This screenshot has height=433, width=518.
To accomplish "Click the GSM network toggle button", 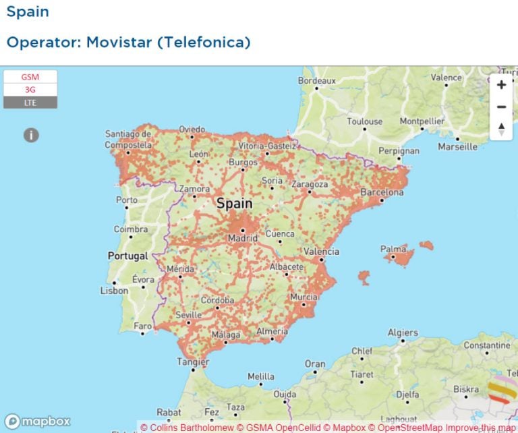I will (x=30, y=77).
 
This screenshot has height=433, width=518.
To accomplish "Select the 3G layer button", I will (x=30, y=90).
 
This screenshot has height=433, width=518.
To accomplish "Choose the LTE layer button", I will (x=30, y=103).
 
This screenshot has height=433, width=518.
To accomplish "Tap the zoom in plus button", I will (x=501, y=85).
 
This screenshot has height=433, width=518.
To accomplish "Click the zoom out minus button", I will (x=501, y=107).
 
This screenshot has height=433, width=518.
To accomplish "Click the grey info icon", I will (x=31, y=135).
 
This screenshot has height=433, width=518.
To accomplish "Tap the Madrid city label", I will (x=242, y=238).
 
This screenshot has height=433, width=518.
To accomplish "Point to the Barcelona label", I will (x=382, y=192).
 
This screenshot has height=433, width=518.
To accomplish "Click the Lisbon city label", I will (x=114, y=291).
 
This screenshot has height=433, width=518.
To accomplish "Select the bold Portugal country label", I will (x=127, y=256).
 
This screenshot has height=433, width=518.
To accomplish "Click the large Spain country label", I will (x=235, y=203).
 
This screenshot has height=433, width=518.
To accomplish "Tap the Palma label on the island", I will (x=393, y=249).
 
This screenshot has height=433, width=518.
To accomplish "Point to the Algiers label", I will (x=402, y=333).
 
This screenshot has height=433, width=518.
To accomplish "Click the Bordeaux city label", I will (x=316, y=80).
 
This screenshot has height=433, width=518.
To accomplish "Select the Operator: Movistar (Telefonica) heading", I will (x=128, y=42).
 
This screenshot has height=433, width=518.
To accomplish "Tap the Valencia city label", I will (x=321, y=252).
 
